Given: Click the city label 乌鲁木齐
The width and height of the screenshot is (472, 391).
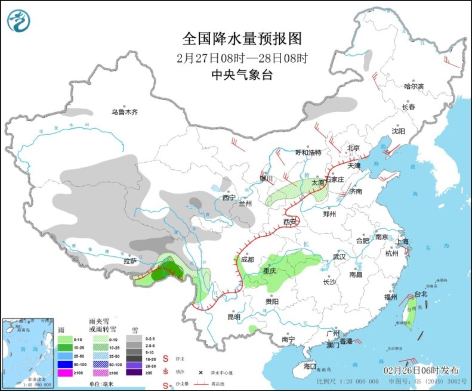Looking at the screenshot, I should [124, 111].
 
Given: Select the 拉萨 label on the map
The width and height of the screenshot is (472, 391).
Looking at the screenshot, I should [131, 260].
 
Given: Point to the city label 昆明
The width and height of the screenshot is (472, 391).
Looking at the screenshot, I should [233, 317].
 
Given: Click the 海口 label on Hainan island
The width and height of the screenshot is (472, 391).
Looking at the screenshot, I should [309, 365].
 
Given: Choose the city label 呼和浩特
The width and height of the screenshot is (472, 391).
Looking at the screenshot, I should [309, 153].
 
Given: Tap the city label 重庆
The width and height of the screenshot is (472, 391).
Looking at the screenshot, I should [271, 271].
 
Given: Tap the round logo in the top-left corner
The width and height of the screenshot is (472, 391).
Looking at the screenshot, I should [18, 21].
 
